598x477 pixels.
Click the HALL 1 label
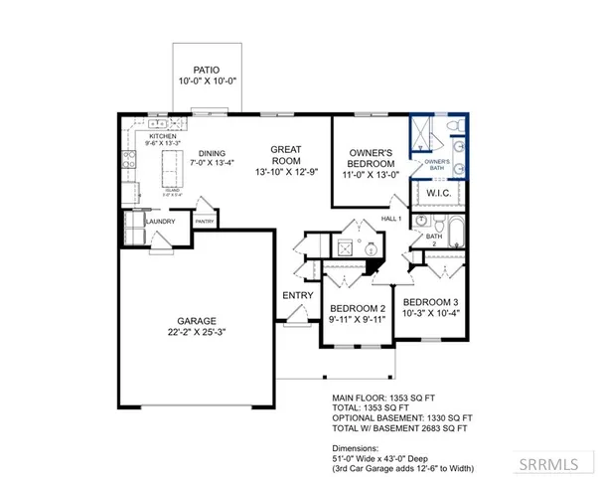(390, 218)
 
